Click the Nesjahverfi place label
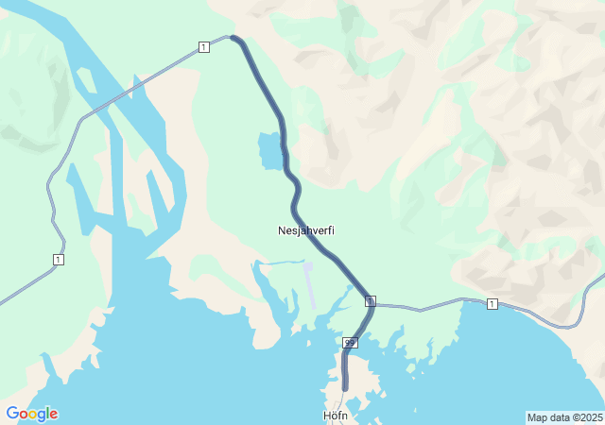[306, 230]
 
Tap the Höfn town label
[337, 415]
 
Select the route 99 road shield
[351, 342]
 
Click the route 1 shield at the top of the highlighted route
[203, 47]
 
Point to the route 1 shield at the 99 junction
[371, 301]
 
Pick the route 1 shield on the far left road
[59, 259]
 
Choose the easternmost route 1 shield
[492, 303]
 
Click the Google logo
[31, 414]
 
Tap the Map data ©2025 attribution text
[564, 417]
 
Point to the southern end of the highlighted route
[345, 386]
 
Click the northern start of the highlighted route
[233, 39]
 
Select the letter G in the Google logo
[12, 414]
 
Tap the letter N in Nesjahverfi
[282, 230]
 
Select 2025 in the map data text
[592, 417]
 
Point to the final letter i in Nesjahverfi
[333, 230]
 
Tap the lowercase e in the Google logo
[54, 415]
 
